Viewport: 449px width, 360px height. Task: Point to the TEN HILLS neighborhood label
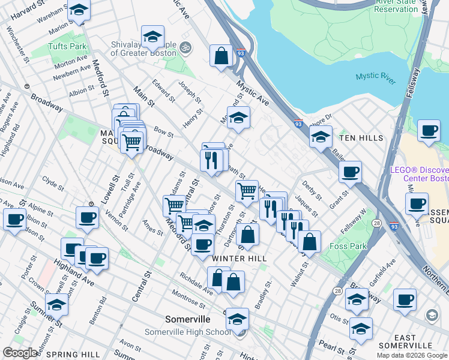click(x=361, y=138)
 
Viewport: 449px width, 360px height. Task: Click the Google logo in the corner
click(x=19, y=353)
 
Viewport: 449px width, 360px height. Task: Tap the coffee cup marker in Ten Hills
click(x=429, y=131)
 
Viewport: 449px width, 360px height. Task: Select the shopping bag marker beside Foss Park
click(x=309, y=242)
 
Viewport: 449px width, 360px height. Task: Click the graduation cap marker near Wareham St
click(x=79, y=10)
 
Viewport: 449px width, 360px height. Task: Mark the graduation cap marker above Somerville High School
click(x=238, y=319)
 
